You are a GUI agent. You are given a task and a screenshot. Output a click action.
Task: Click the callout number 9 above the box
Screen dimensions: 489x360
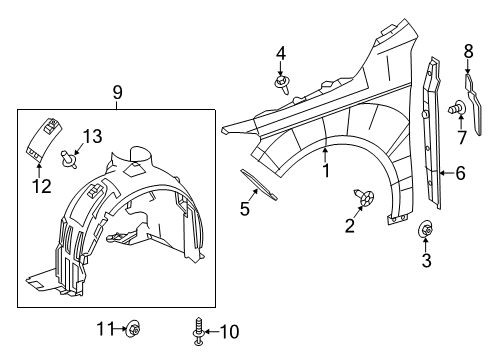[117, 92]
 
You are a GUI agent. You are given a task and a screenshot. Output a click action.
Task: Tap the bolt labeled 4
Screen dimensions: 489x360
[282, 84]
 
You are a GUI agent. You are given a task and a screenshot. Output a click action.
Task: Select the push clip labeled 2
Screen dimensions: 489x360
[364, 197]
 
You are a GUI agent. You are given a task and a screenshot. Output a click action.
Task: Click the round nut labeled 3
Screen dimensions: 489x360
[426, 229]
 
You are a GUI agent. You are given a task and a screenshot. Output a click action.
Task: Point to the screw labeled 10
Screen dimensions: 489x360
[199, 331]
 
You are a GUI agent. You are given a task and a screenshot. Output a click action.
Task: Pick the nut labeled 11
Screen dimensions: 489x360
[134, 328]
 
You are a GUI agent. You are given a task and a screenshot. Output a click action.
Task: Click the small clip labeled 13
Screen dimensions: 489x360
[68, 159]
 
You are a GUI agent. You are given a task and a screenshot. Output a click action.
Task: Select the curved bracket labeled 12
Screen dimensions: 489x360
[44, 139]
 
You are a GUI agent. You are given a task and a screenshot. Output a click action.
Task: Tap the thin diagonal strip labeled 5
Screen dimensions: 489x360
[259, 184]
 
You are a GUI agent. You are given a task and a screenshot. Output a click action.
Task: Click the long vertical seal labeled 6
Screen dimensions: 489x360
[433, 133]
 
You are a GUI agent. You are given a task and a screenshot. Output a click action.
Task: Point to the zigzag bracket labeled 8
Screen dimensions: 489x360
[473, 103]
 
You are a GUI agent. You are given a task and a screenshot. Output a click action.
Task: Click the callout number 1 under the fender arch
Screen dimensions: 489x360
[326, 170]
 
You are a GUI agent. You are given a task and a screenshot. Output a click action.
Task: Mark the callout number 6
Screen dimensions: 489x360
[460, 173]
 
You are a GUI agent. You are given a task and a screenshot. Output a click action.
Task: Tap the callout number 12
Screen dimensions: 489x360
[42, 186]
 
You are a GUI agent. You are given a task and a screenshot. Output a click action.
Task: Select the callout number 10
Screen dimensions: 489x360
[229, 332]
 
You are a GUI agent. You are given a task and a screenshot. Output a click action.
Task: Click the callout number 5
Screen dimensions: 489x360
[245, 209]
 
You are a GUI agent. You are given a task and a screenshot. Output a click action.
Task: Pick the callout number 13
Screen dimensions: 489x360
[92, 136]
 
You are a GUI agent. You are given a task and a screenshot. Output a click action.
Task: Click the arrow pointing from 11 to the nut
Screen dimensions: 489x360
[120, 329]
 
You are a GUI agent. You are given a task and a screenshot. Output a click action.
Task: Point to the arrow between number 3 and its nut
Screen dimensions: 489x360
[426, 244]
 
